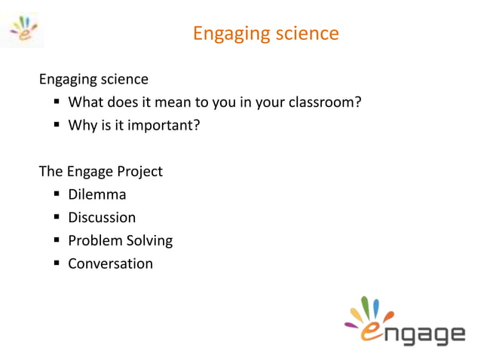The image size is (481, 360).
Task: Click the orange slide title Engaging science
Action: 265,34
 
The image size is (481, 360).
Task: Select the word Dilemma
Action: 97,194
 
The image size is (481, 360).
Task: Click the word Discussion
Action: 102,218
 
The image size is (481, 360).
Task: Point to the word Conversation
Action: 110,264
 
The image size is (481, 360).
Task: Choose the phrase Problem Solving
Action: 120,241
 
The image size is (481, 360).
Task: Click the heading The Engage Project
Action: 100,171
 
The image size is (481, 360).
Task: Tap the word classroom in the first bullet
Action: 322,102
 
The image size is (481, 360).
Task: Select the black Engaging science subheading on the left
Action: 93,79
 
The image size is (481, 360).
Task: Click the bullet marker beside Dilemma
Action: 57,195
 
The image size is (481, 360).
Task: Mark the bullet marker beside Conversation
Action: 57,264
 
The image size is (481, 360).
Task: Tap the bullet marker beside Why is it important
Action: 57,126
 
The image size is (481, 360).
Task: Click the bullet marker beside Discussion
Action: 57,218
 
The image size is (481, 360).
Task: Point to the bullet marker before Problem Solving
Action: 57,241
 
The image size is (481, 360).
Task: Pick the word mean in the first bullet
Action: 174,102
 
